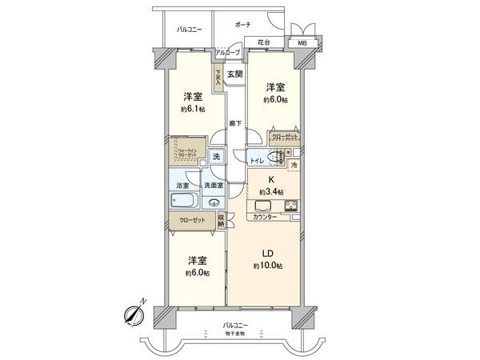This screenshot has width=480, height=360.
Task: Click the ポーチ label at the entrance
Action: pyautogui.click(x=242, y=25)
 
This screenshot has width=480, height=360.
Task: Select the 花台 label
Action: pyautogui.click(x=263, y=42)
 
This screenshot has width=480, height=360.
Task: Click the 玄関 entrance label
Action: pyautogui.click(x=234, y=74)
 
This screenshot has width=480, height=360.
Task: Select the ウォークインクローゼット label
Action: pyautogui.click(x=186, y=151)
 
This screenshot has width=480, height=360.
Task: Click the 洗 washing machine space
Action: pyautogui.click(x=215, y=157)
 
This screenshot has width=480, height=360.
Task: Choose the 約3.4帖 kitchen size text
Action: pyautogui.click(x=271, y=192)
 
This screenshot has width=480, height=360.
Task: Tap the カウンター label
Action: pyautogui.click(x=265, y=218)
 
